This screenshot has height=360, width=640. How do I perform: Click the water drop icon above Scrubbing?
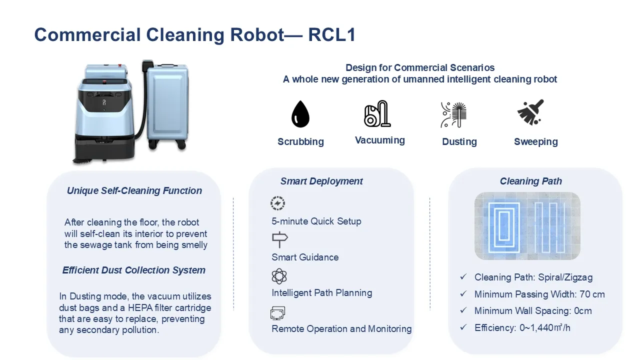(x=300, y=113)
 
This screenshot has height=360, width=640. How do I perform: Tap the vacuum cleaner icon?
(x=377, y=113)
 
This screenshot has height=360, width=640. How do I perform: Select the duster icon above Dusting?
(x=453, y=114)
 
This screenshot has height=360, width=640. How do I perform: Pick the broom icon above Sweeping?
(x=530, y=112)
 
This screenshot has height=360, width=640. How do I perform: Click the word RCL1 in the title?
(x=331, y=35)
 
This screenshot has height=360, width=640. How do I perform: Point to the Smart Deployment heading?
(x=321, y=181)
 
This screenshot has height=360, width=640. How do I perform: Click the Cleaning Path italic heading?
(x=531, y=181)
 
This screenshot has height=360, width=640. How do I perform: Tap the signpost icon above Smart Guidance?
(x=279, y=239)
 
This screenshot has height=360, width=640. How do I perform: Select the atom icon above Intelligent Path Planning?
(x=279, y=276)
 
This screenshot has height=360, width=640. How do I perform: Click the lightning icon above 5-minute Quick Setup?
(x=277, y=203)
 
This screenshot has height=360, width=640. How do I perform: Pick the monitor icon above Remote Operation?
(x=277, y=313)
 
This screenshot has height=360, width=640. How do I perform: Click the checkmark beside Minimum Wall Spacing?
(x=463, y=310)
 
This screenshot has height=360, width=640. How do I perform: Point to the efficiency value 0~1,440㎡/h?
(x=545, y=327)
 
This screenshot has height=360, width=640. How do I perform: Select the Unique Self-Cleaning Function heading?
(x=134, y=190)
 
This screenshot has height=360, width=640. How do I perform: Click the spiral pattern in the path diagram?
(x=503, y=227)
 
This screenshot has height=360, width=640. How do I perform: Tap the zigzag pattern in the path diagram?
(x=550, y=227)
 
